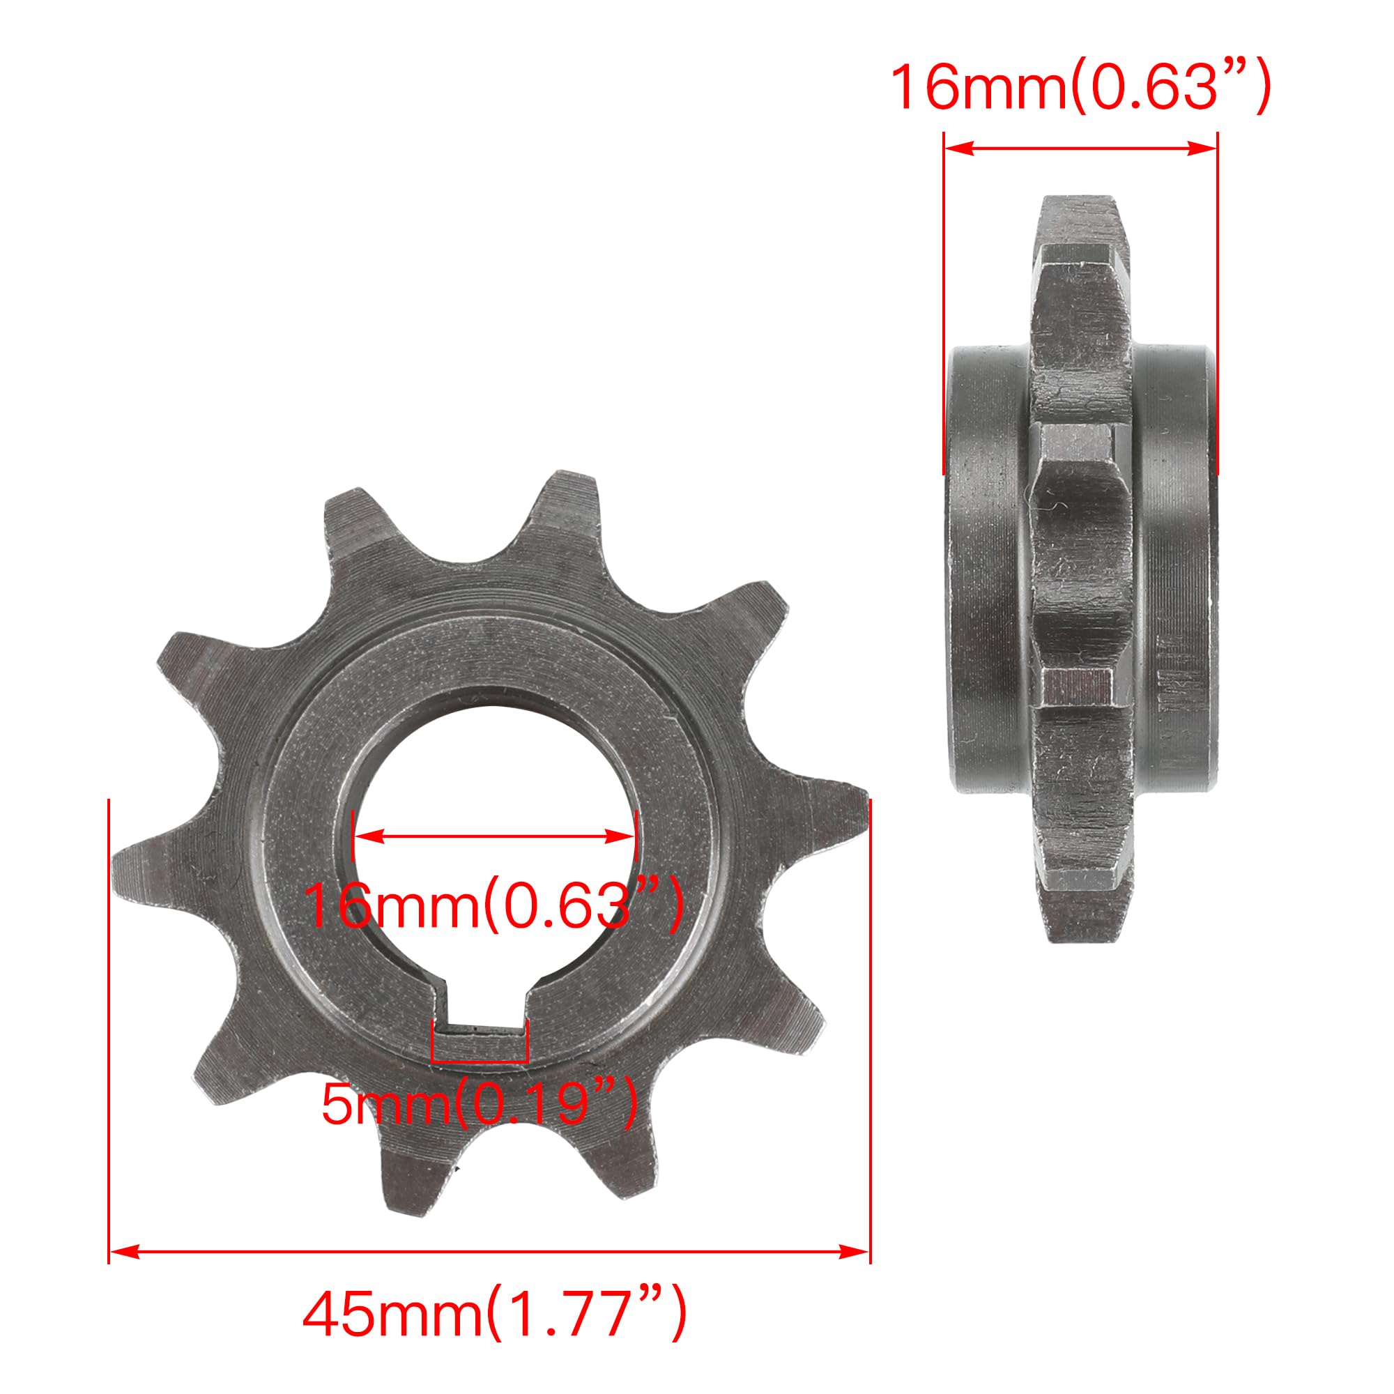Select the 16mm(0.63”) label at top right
(x=1080, y=88)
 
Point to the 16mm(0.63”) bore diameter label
(x=493, y=905)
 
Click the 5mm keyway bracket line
(x=480, y=1061)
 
